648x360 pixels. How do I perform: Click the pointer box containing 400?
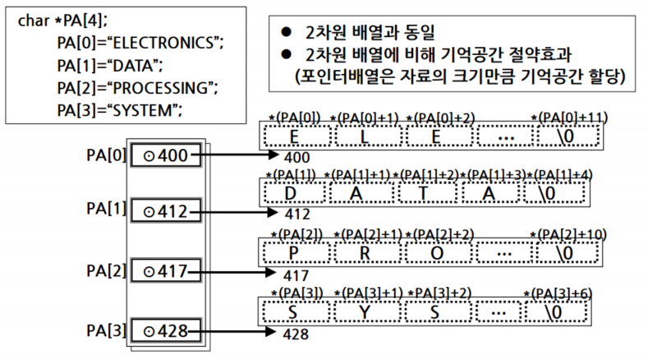(x=165, y=154)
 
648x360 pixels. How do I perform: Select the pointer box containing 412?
(x=165, y=211)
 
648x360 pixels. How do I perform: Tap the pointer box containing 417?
(x=165, y=270)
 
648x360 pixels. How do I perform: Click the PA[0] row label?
(x=107, y=154)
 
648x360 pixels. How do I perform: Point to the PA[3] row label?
(x=107, y=330)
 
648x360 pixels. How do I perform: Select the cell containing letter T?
(x=425, y=193)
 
